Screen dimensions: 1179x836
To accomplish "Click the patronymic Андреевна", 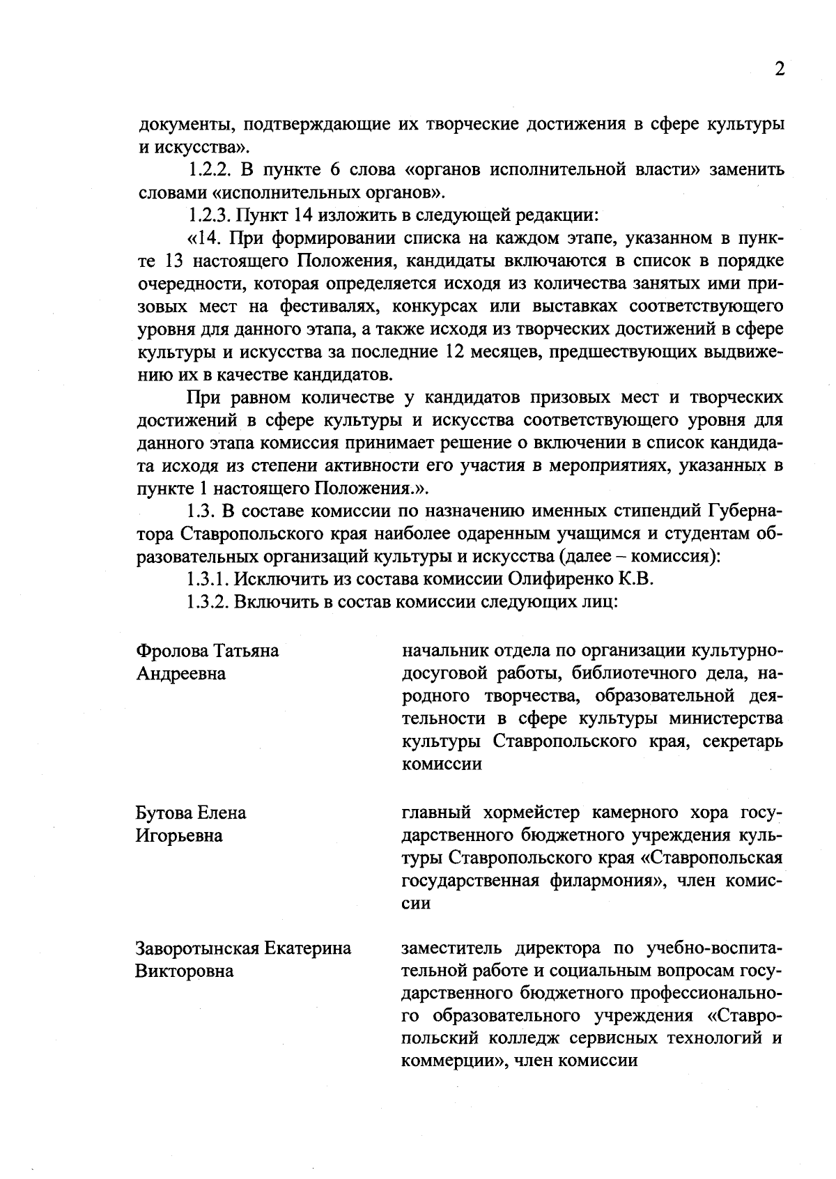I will (x=180, y=674).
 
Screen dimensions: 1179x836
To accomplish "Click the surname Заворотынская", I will (x=197, y=948).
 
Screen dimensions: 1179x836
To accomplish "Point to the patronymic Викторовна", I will (x=184, y=971).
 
